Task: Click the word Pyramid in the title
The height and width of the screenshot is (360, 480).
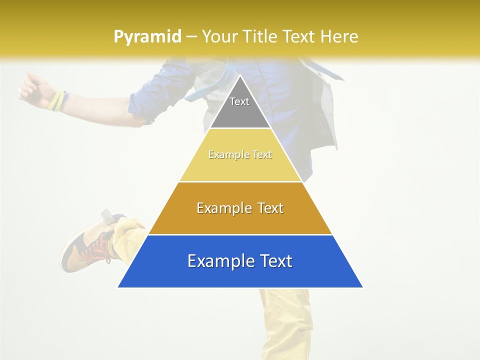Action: pyautogui.click(x=147, y=37)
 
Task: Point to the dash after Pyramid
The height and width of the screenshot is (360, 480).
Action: pyautogui.click(x=191, y=37)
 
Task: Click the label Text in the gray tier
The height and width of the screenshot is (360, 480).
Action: pyautogui.click(x=239, y=101)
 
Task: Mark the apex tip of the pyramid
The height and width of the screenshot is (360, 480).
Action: pyautogui.click(x=240, y=76)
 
